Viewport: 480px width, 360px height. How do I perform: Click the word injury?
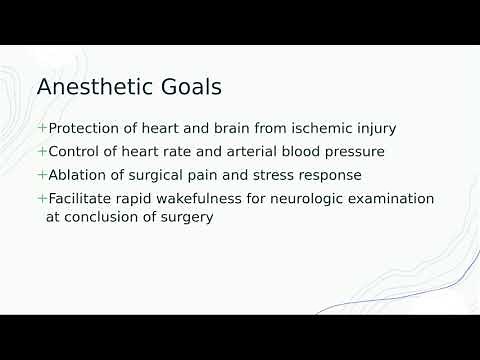click(x=372, y=129)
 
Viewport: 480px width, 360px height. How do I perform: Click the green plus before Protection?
click(x=42, y=129)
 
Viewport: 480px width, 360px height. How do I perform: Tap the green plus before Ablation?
click(x=42, y=175)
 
